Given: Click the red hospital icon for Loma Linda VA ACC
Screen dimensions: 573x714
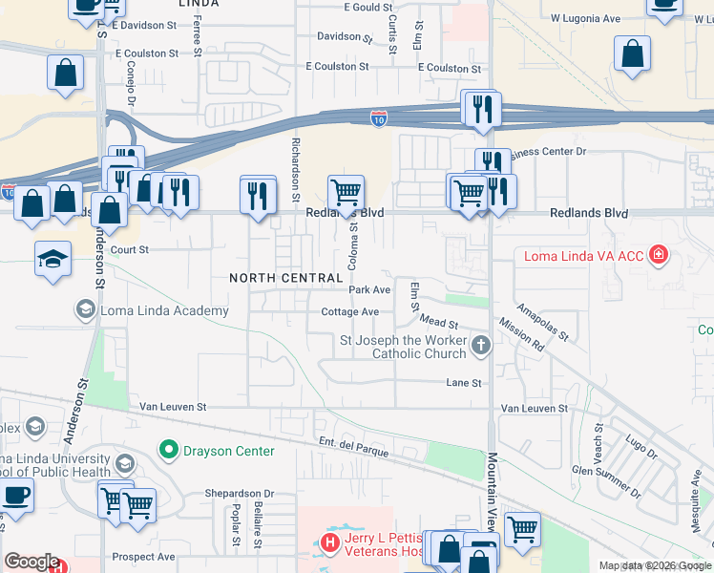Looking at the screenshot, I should [x=658, y=254].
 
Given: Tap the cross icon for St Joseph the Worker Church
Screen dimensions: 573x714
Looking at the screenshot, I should [x=482, y=345].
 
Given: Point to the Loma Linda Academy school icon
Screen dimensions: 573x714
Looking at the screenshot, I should [x=85, y=309].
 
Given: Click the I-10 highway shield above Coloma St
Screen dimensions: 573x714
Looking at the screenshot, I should [x=379, y=117].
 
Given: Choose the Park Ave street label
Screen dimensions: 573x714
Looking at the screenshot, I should [x=369, y=289].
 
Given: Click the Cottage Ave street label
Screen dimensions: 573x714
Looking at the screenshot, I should [x=350, y=312].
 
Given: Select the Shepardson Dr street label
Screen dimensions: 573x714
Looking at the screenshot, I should [x=240, y=494].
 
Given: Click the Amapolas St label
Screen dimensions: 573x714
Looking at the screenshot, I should [x=542, y=322].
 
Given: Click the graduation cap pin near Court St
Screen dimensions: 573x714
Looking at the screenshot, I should [x=52, y=258].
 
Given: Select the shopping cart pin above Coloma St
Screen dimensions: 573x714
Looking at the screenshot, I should [x=346, y=190].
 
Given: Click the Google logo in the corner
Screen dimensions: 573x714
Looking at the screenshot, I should [x=31, y=562].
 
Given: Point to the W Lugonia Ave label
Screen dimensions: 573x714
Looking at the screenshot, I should [x=584, y=18].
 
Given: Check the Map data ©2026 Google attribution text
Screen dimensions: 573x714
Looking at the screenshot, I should [x=654, y=565].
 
